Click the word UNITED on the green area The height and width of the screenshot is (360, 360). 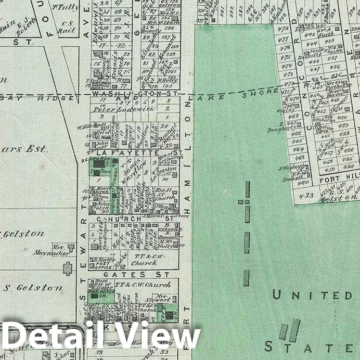[x=312, y=295]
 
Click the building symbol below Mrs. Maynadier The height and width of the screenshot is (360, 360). [x=67, y=268]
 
